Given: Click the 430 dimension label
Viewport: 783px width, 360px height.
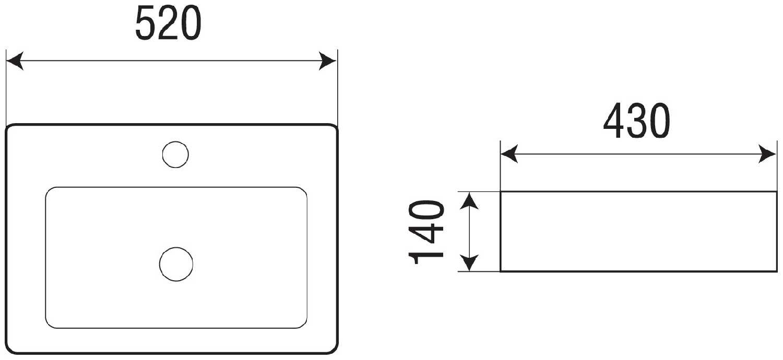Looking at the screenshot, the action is pos(636,121).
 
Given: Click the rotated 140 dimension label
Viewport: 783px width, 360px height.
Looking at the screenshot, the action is pos(426,232).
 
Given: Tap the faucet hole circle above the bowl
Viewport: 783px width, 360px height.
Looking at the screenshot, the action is pos(175,154).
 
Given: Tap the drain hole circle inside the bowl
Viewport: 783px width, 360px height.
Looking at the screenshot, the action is pos(176,264).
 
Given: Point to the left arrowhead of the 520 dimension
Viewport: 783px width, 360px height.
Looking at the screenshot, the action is pos(15,61).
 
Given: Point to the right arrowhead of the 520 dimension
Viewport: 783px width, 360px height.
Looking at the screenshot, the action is pos(327,61).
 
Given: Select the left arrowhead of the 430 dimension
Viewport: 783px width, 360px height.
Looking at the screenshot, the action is pos(509,154).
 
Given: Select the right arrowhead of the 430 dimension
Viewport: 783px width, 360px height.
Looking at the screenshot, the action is pos(767,154).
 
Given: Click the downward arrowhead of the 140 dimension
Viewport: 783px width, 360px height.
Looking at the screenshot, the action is pos(469,263).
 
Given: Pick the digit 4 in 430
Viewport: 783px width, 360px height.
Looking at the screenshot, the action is pos(614,121).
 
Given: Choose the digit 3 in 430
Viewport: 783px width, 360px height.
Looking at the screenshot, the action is pos(637,121).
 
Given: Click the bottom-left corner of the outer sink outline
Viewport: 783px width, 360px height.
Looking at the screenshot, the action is pos(9,350).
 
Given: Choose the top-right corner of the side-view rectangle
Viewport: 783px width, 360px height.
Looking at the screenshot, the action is pos(776,191).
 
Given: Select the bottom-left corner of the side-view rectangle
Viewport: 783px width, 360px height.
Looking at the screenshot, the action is pos(501,271).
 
